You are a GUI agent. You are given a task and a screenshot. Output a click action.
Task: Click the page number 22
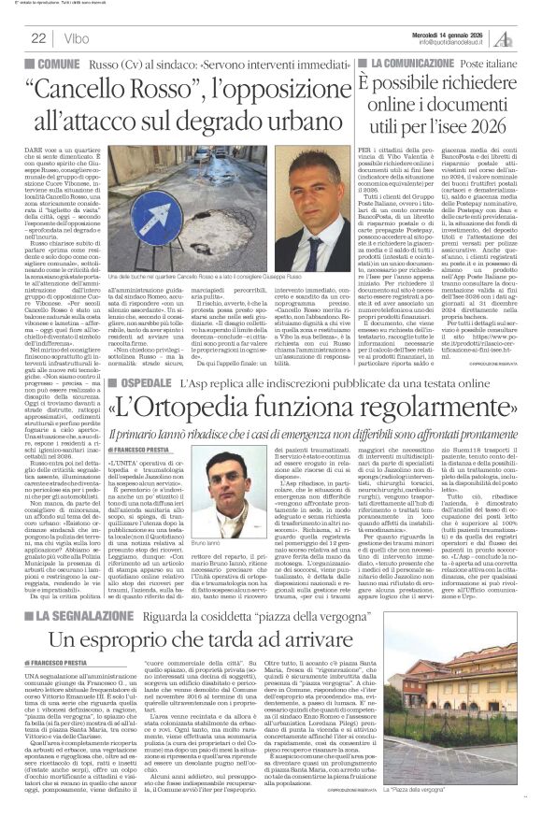[39, 37]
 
